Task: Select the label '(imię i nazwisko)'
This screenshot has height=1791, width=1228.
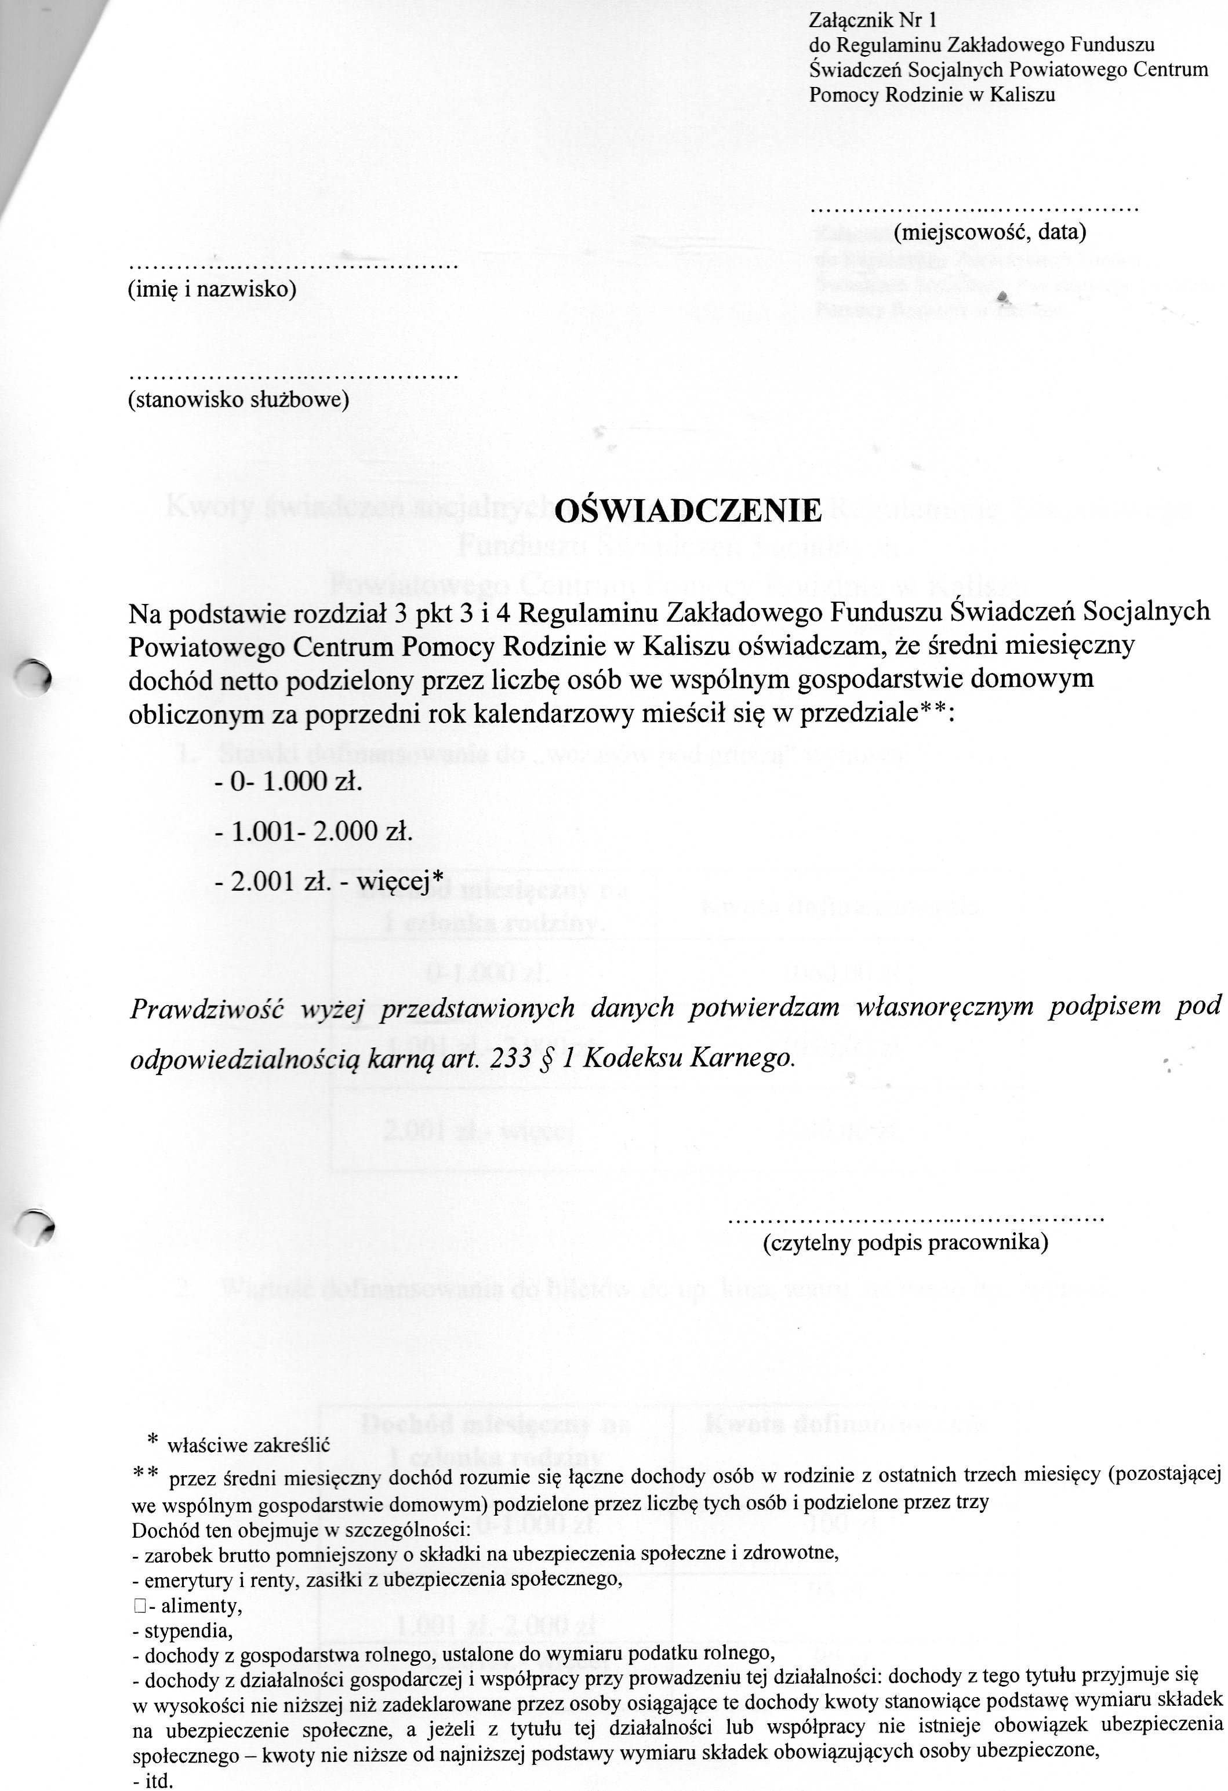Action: (211, 290)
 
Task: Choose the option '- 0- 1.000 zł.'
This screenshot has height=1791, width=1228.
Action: (288, 781)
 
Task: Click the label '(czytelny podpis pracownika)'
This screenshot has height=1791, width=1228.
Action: (905, 1242)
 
